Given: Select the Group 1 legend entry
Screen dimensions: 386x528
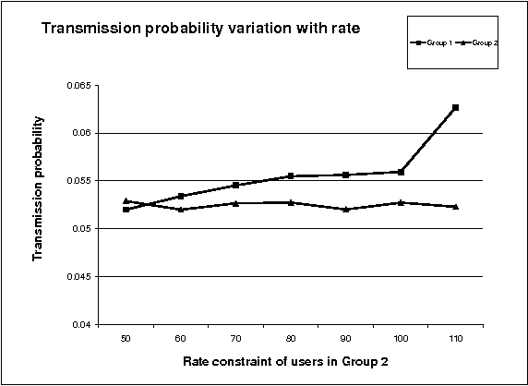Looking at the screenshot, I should point(435,42).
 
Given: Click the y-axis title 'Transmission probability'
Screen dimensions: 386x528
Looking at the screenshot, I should point(39,187).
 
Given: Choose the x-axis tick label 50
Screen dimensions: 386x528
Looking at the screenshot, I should point(126,338).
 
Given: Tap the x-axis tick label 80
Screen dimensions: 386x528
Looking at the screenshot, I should point(291,338).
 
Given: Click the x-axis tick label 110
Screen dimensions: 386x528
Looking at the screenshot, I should point(455,338).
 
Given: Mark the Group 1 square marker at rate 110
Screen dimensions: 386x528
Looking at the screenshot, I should point(455,108).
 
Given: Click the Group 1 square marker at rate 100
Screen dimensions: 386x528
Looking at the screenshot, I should point(401,172).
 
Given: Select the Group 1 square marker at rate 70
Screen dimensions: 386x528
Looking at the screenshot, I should point(235,186).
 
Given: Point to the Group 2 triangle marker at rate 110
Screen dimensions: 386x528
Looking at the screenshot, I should point(455,206).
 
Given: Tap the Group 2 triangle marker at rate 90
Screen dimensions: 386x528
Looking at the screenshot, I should point(345,209).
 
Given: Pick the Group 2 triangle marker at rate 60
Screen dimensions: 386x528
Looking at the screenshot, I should point(181,210).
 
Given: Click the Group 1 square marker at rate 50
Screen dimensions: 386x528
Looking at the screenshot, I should point(126,210).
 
